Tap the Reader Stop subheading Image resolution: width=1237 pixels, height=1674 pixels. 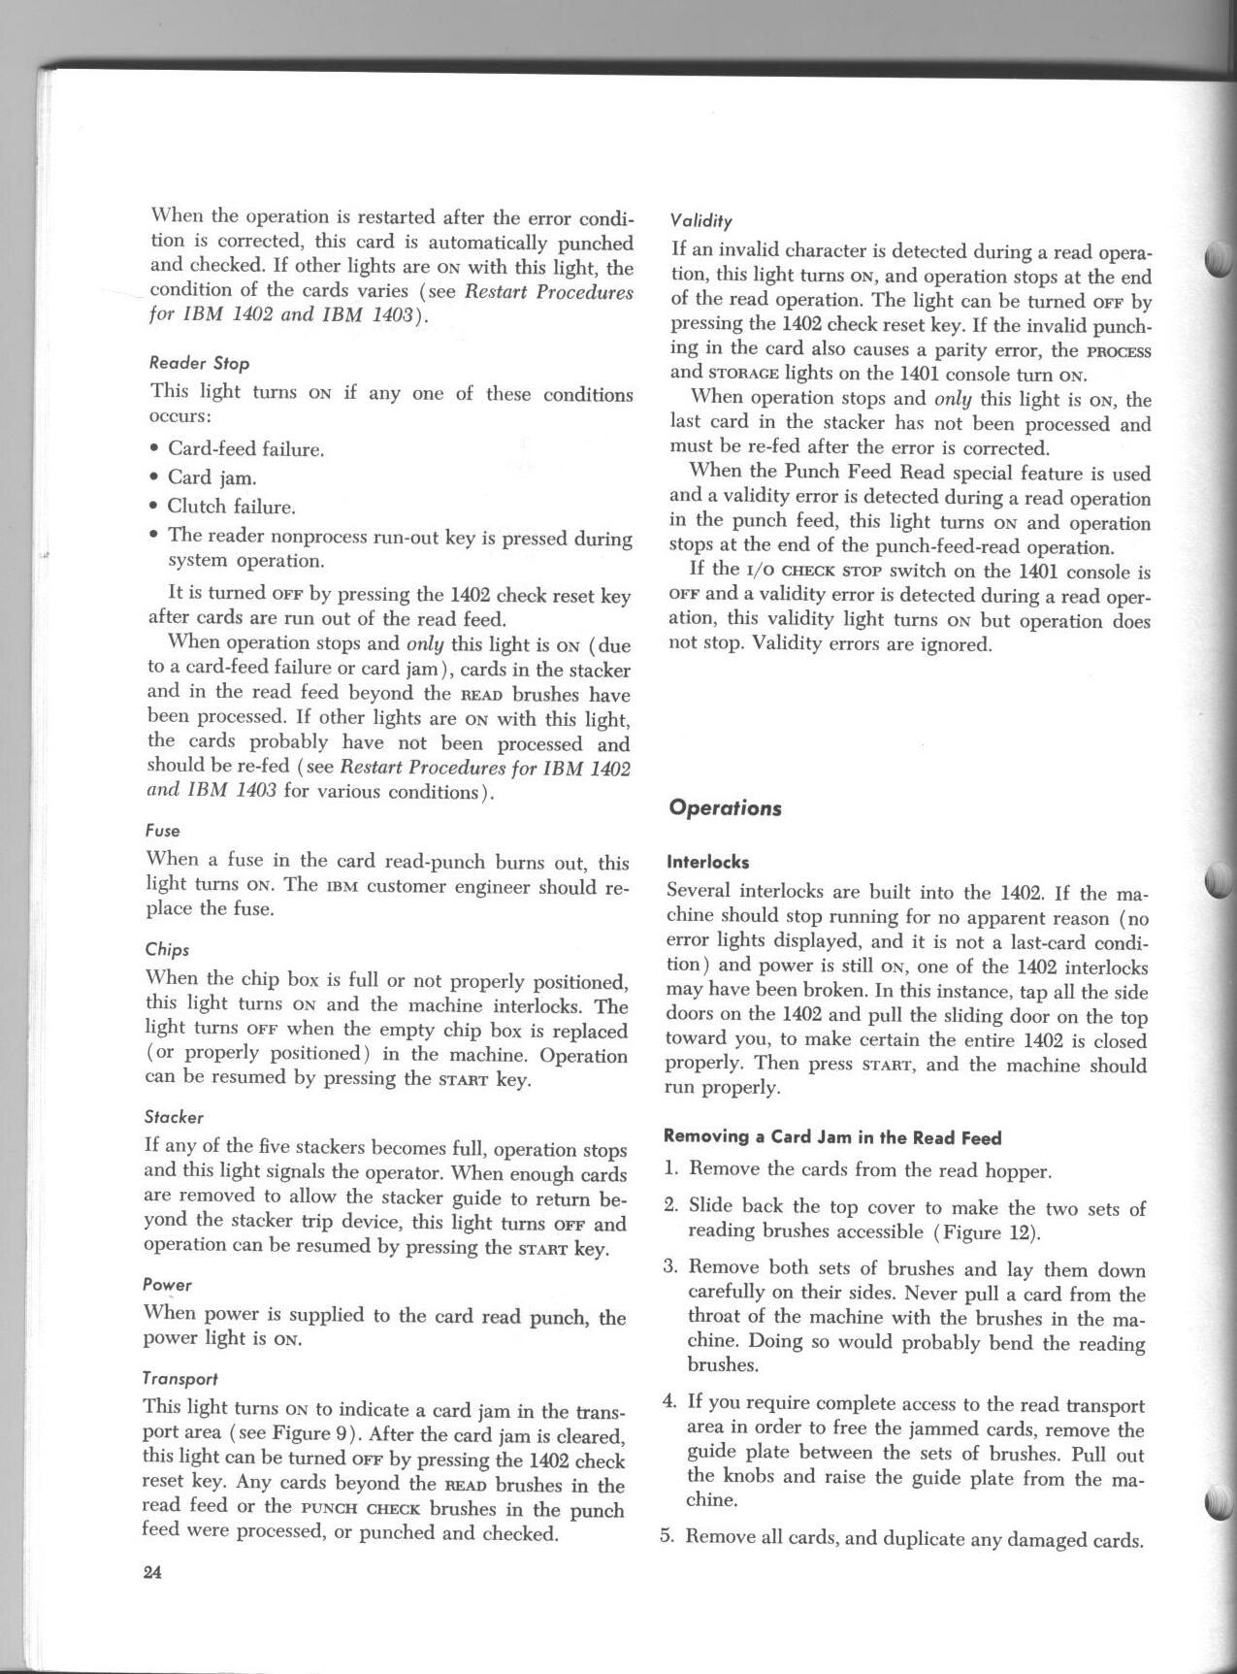coord(199,363)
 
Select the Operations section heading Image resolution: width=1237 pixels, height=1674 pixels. coord(725,808)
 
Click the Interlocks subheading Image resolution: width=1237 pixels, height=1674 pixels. coord(707,861)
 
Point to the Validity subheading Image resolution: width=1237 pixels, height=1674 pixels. coord(701,220)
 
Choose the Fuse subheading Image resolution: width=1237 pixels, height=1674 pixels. coord(162,831)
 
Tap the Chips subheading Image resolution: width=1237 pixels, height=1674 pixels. coord(166,949)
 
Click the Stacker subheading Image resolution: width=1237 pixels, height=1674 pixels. coord(173,1117)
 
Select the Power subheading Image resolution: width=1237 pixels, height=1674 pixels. coord(167,1285)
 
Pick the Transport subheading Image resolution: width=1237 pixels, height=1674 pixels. coord(179,1378)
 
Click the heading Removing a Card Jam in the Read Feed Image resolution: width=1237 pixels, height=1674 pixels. coord(832,1136)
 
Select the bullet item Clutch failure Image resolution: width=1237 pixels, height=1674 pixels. coord(231,507)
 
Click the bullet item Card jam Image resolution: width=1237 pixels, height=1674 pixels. coord(212,477)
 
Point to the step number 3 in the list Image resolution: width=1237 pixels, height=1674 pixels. coord(669,1268)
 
